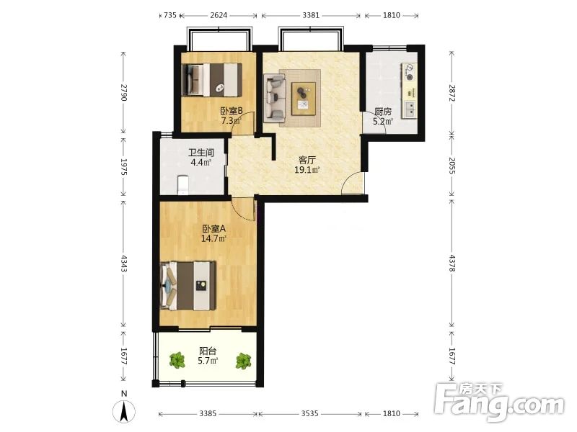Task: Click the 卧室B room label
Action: [x=232, y=111]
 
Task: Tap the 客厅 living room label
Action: [x=307, y=160]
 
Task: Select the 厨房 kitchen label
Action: [x=383, y=112]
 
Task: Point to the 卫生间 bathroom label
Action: [x=201, y=153]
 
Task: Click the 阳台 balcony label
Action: [x=208, y=351]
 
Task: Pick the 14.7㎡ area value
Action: [x=213, y=238]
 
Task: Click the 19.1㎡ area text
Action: [x=307, y=170]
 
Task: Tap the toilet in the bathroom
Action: [x=182, y=185]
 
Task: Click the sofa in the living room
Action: [x=275, y=98]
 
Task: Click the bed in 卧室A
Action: [x=188, y=286]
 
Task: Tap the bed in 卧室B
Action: [x=212, y=80]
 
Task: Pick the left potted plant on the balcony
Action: [x=177, y=361]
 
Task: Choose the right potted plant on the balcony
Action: [x=244, y=361]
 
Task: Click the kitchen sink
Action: [x=410, y=109]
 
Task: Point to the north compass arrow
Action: [x=124, y=411]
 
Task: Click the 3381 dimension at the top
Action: [x=311, y=15]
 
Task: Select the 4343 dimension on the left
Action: [x=123, y=264]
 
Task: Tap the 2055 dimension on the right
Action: [x=452, y=166]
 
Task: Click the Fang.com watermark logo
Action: [x=499, y=402]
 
